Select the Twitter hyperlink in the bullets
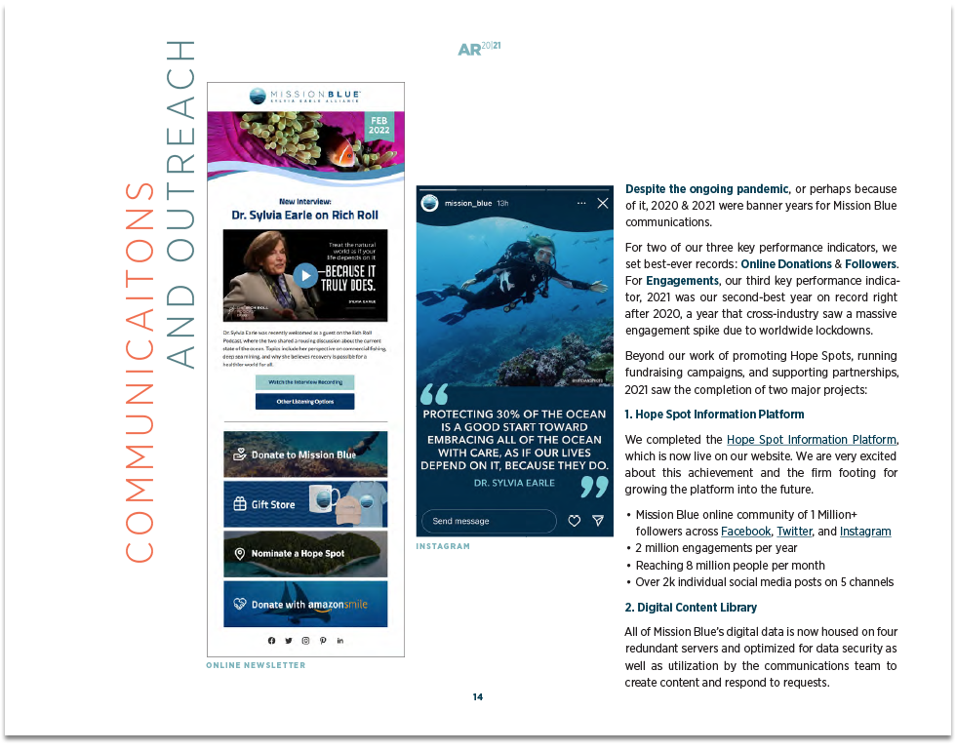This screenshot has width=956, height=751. (x=794, y=532)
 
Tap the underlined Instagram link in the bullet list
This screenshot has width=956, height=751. (x=864, y=532)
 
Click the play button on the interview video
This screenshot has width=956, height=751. (x=305, y=275)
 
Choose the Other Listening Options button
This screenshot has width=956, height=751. (x=304, y=402)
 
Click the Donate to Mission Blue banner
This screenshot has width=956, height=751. (x=304, y=455)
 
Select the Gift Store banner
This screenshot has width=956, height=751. (x=304, y=504)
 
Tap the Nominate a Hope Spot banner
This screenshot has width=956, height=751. (x=304, y=553)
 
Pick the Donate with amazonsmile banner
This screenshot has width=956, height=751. (x=304, y=604)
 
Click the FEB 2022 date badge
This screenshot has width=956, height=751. (x=378, y=125)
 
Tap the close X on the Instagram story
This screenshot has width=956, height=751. (x=603, y=203)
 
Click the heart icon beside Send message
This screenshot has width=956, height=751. (x=575, y=521)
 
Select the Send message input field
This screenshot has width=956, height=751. (x=488, y=521)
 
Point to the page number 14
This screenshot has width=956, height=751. (x=477, y=696)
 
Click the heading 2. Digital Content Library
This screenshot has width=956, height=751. (x=691, y=608)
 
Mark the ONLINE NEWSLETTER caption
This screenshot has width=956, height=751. (x=256, y=665)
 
